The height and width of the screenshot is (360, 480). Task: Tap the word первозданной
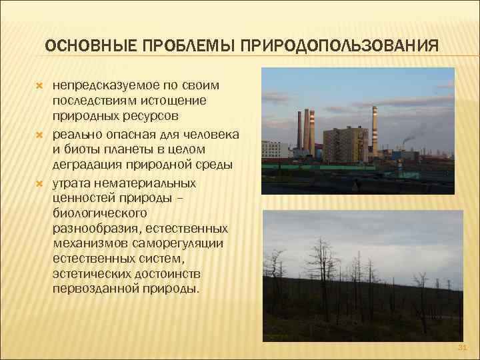(91, 289)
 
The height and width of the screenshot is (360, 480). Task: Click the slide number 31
(463, 347)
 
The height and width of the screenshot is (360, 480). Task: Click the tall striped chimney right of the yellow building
(375, 130)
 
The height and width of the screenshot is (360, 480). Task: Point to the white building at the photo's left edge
(271, 148)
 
